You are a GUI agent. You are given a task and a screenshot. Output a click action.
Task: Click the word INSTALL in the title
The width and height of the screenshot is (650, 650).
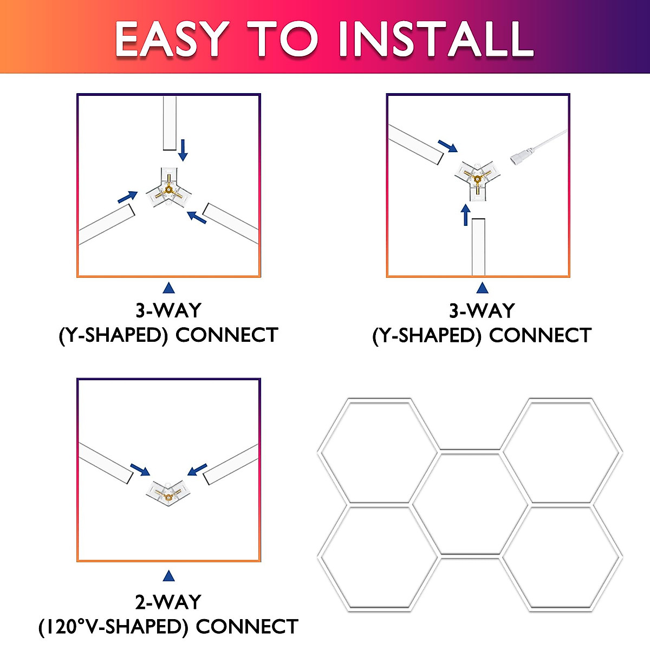tap(436, 39)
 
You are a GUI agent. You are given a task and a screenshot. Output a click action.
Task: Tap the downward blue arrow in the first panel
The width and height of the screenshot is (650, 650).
tap(183, 150)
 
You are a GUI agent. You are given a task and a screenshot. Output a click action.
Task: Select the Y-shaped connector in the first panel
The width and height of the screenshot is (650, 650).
tap(169, 190)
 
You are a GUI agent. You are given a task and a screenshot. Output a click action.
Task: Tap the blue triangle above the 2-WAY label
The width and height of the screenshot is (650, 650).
tap(168, 576)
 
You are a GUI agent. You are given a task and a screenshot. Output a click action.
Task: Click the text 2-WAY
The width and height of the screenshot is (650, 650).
tap(168, 602)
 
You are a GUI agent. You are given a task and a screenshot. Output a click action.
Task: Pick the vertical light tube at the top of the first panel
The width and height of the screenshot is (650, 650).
tap(170, 123)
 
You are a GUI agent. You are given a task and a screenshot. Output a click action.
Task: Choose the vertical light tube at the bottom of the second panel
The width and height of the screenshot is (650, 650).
tap(478, 246)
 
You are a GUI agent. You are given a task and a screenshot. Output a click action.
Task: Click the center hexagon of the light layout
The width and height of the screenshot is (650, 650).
tap(470, 504)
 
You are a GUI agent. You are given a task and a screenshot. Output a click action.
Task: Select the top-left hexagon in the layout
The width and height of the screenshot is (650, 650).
tap(378, 451)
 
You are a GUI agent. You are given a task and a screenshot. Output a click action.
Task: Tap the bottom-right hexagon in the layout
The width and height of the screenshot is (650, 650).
tap(562, 558)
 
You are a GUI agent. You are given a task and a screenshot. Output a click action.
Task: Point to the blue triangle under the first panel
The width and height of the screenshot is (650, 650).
tap(168, 288)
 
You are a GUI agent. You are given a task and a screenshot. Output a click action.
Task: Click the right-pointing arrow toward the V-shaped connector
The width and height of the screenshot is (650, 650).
tap(140, 469)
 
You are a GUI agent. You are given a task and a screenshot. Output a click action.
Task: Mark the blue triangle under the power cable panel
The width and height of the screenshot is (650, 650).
tap(482, 288)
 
